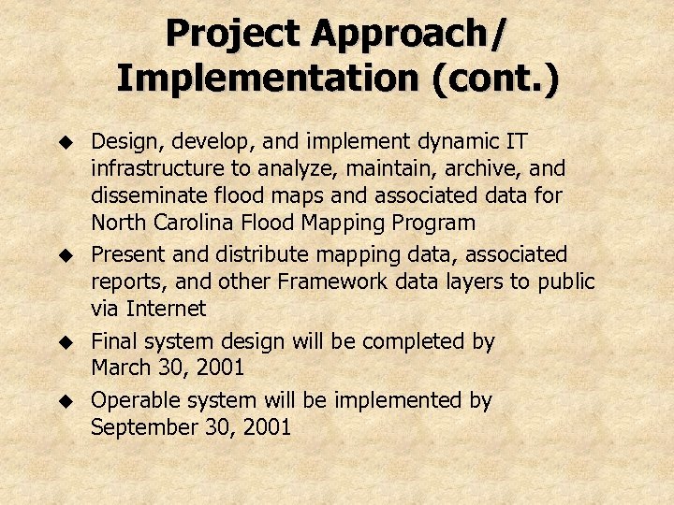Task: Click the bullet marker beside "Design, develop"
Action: click(x=66, y=142)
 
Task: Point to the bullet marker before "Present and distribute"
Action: click(x=66, y=254)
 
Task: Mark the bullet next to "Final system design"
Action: click(x=66, y=341)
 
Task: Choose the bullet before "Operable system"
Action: click(x=66, y=400)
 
